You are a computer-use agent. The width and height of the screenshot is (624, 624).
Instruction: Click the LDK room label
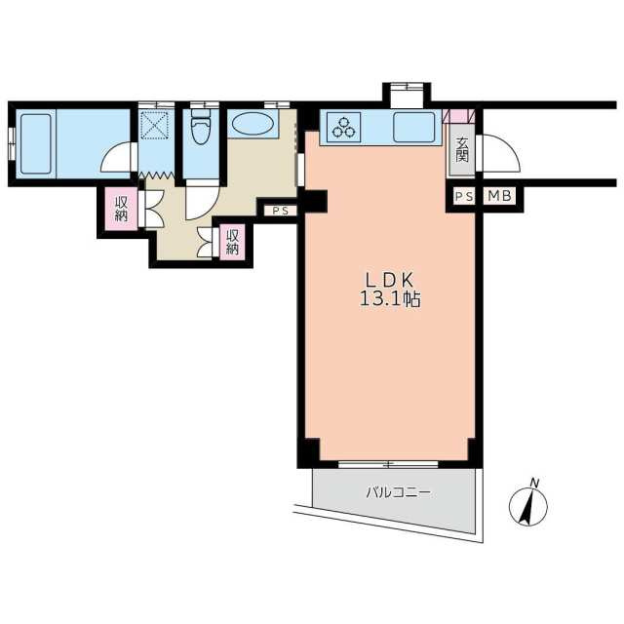pos(390,281)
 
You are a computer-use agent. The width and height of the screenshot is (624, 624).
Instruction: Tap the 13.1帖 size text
pos(390,299)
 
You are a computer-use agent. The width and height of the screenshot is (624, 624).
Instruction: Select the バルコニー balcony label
pos(398,493)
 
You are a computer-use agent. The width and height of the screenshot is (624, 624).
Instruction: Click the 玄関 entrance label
pos(462,149)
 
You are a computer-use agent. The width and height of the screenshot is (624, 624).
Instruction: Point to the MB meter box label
pos(500,196)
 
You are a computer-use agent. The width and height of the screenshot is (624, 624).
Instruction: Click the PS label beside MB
pos(464,196)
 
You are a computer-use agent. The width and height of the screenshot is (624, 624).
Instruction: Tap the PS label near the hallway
pos(280,211)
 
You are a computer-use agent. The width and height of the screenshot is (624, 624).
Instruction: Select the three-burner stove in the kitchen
pos(343,127)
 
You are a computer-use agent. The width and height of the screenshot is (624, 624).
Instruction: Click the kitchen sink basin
pos(413,127)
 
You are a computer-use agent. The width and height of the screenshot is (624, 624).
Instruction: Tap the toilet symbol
pos(201,127)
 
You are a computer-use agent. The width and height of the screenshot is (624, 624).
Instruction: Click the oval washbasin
pos(253,124)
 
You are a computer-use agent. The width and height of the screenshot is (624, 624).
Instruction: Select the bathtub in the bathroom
pos(36,144)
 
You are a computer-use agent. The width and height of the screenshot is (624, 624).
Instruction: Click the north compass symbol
pos(528,506)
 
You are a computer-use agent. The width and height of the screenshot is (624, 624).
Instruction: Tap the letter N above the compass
pos(535,484)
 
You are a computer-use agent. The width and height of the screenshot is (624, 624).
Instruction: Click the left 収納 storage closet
pos(121,209)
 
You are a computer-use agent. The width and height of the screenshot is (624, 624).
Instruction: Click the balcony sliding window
pos(388,464)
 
